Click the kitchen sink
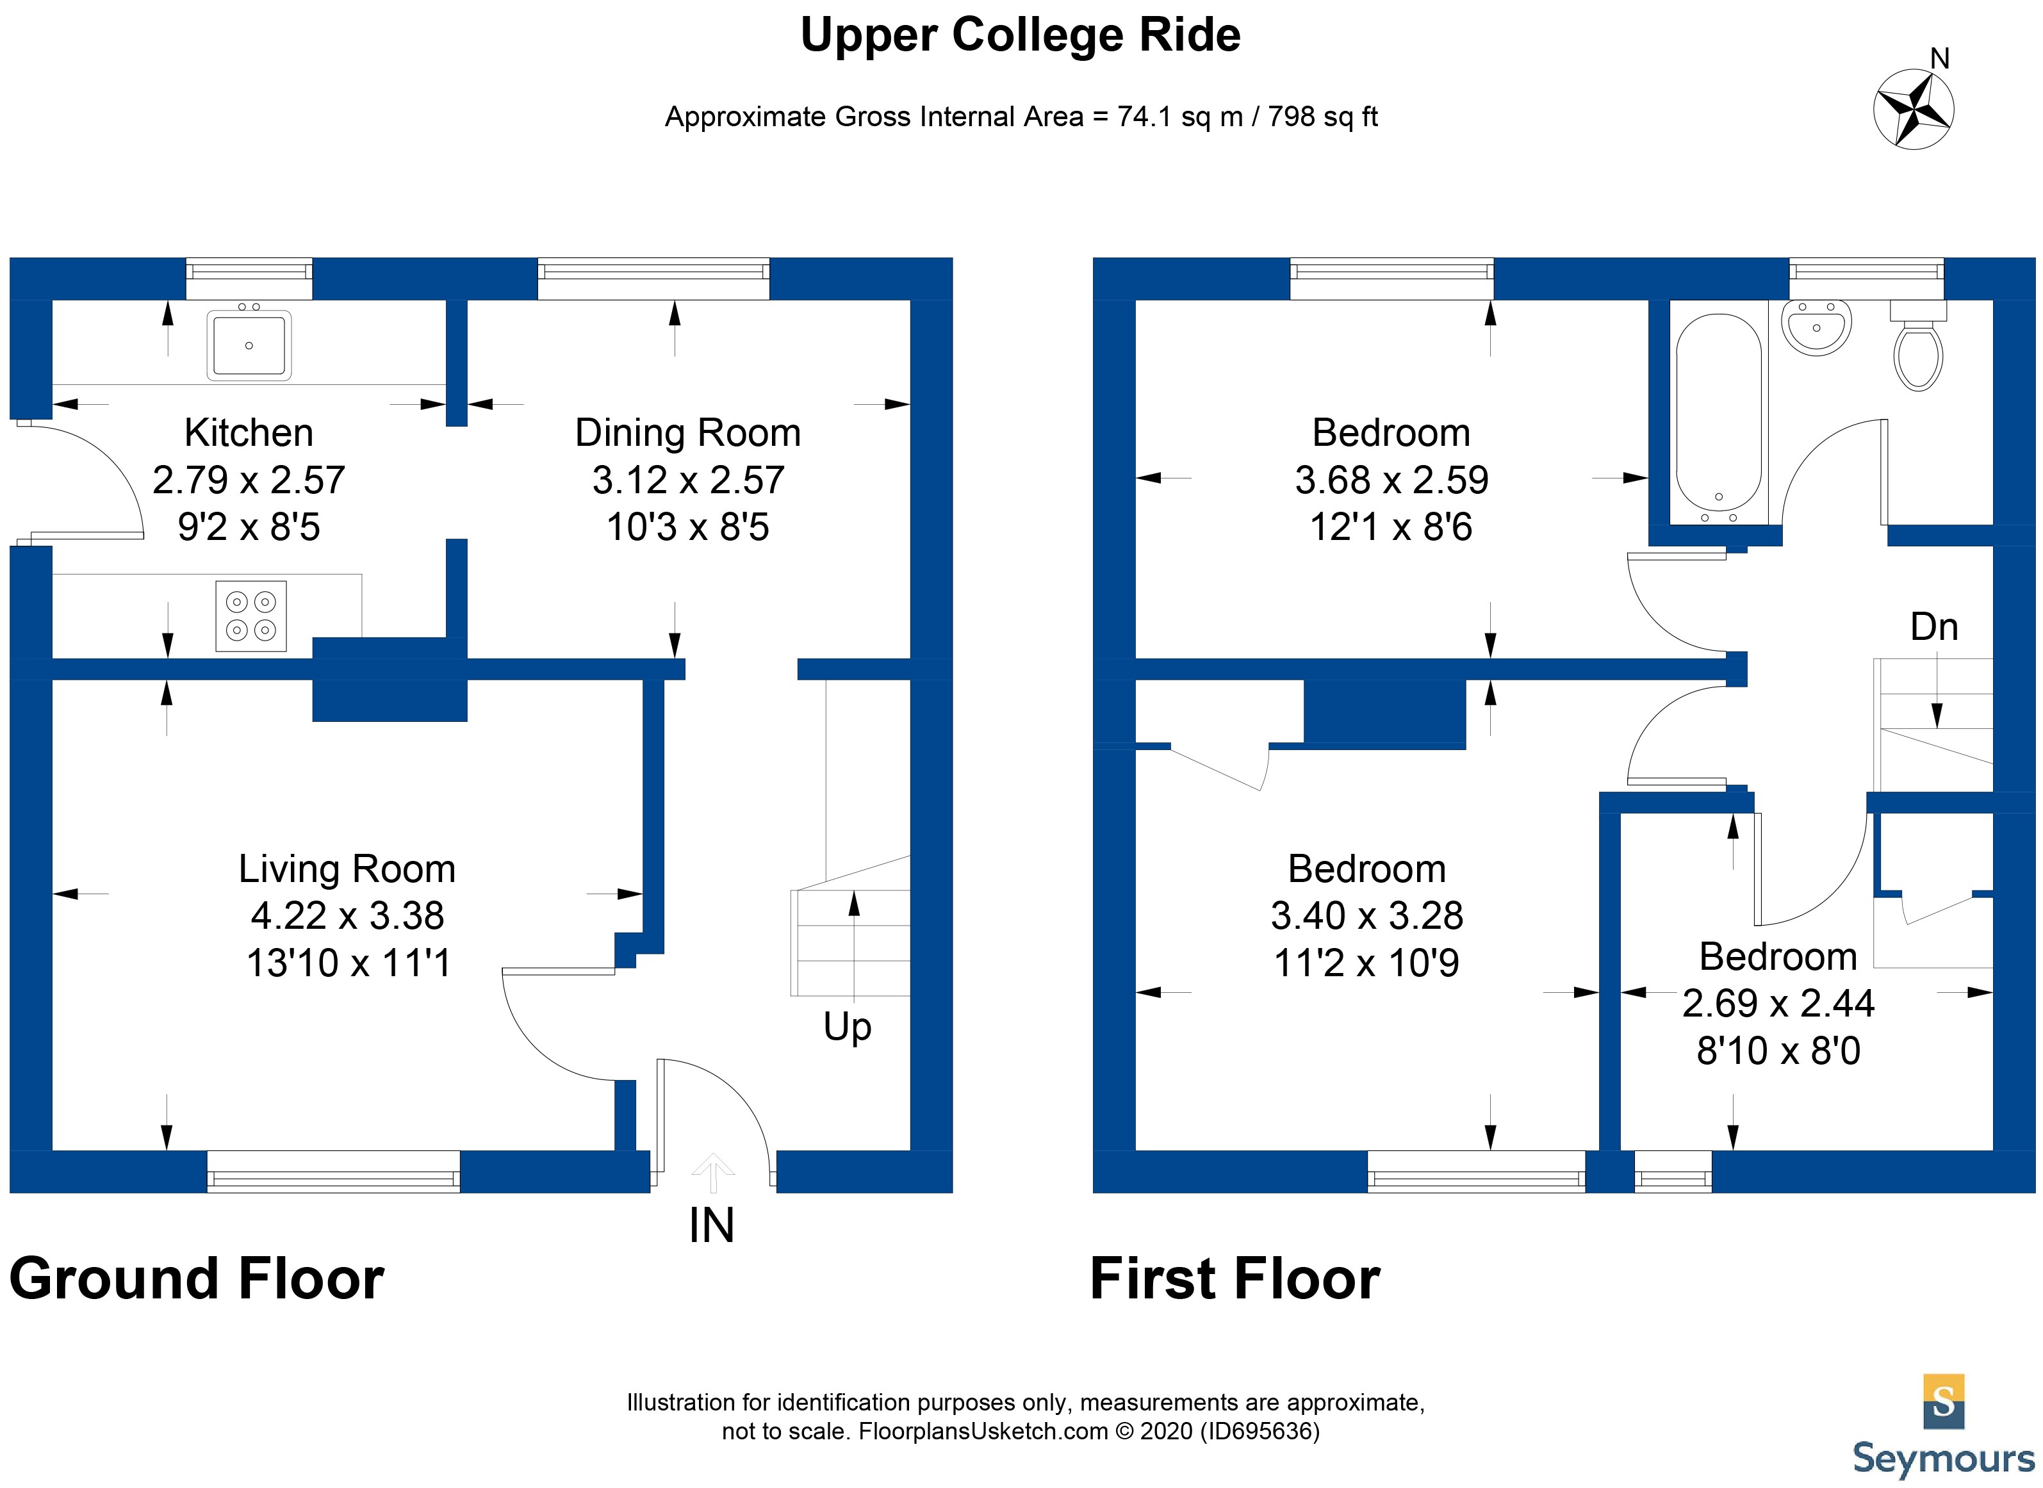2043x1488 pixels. (249, 345)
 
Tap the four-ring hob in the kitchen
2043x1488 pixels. (250, 616)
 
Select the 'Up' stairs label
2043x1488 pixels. (847, 1027)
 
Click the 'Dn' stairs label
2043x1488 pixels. (1934, 627)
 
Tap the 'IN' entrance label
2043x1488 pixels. (712, 1226)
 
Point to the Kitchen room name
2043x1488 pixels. (249, 433)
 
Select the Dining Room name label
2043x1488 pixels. (687, 433)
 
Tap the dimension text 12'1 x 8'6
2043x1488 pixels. (1391, 527)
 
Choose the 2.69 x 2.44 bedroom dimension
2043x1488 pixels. (1778, 1003)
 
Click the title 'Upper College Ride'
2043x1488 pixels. (1021, 36)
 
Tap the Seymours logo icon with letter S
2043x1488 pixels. (1943, 1402)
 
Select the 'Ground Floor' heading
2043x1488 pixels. (197, 1279)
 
